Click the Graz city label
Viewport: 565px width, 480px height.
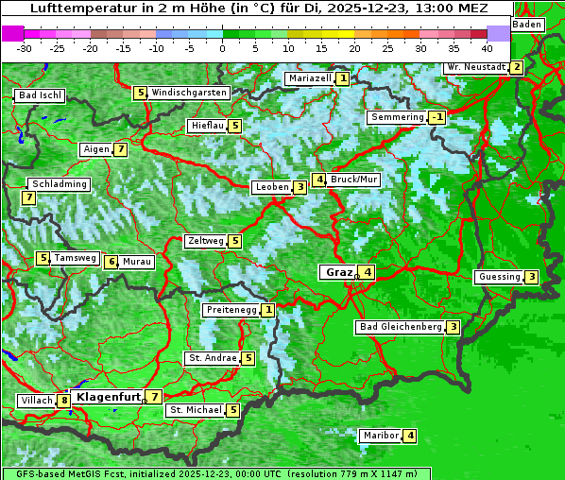[337, 272]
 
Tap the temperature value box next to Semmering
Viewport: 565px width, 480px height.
[437, 117]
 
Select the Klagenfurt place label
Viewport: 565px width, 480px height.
[108, 397]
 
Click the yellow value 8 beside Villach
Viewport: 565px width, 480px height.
[63, 401]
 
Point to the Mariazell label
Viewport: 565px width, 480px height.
[309, 78]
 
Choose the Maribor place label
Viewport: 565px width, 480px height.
[379, 436]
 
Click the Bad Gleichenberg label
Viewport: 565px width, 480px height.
[400, 327]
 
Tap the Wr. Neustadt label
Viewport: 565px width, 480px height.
[475, 67]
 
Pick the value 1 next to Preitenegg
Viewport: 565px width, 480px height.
[269, 310]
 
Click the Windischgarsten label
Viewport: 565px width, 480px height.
[189, 93]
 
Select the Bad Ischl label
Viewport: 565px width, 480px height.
[40, 95]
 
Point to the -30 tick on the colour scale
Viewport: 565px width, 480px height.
[25, 48]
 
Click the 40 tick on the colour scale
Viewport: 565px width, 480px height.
[487, 48]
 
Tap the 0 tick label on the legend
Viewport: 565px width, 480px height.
[223, 48]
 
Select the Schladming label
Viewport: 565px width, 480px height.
[59, 184]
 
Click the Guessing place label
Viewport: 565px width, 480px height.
[498, 277]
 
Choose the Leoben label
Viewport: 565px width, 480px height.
[271, 187]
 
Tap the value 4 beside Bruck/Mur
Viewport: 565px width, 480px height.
[319, 180]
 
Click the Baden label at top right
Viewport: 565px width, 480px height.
[528, 24]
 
